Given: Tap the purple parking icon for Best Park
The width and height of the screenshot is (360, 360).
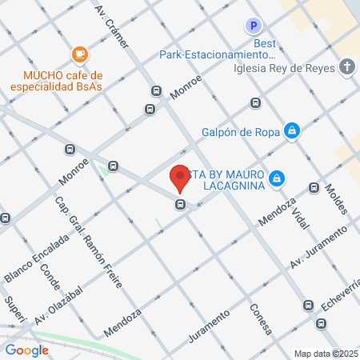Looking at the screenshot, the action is click(x=254, y=26).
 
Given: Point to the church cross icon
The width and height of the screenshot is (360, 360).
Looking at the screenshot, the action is click(x=347, y=66).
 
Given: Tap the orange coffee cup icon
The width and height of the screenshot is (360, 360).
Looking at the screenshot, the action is click(x=79, y=54).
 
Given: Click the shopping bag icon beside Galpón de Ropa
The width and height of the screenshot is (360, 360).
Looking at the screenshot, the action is click(x=293, y=130).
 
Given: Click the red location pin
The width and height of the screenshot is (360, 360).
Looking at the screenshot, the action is click(x=180, y=178).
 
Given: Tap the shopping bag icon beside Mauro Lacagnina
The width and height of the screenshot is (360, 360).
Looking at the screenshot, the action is click(x=277, y=178).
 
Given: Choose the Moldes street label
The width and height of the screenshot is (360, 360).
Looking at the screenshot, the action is click(x=337, y=200).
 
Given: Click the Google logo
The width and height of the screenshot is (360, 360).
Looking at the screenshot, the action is click(x=27, y=350).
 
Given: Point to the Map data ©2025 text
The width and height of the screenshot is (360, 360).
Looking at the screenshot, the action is click(x=326, y=354).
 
